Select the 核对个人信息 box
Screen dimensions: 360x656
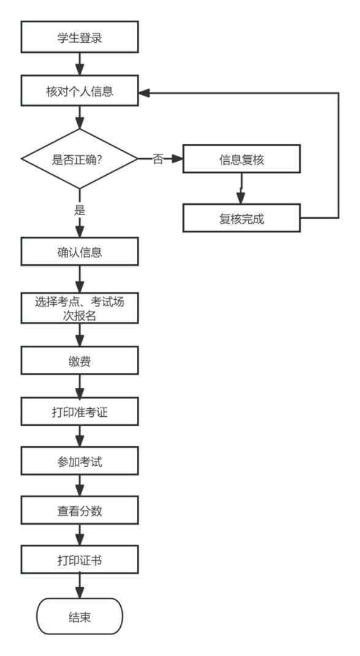80,91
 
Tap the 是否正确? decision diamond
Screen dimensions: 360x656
80,159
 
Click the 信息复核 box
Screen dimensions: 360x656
242,159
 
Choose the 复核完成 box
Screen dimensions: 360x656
242,218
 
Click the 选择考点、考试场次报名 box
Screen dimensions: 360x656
80,308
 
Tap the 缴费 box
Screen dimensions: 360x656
80,360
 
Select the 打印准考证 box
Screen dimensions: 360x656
80,411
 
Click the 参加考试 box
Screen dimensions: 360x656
80,461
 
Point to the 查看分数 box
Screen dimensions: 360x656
80,511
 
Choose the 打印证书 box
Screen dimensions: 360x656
80,560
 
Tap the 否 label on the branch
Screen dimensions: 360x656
158,159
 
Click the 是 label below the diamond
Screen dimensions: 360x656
80,210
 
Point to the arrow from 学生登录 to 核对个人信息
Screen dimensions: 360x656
80,64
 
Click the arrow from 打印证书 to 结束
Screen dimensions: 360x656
80,585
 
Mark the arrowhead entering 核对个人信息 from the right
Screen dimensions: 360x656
144,93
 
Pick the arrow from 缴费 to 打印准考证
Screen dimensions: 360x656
80,386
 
